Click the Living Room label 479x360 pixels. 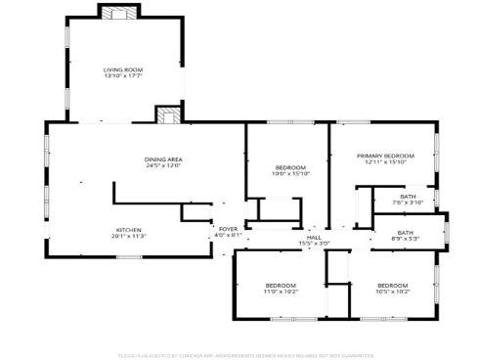click(x=124, y=69)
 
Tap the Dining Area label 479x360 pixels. click(x=163, y=159)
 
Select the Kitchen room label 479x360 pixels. click(x=129, y=230)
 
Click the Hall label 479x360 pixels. click(x=314, y=237)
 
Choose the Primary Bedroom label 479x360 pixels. click(x=385, y=156)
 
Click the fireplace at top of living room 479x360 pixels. click(x=122, y=14)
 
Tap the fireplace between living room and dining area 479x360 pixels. click(x=169, y=114)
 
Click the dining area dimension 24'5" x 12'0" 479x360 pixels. click(x=163, y=165)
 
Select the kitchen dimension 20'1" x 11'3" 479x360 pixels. click(x=129, y=236)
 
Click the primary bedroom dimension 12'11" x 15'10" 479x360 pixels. click(x=385, y=161)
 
